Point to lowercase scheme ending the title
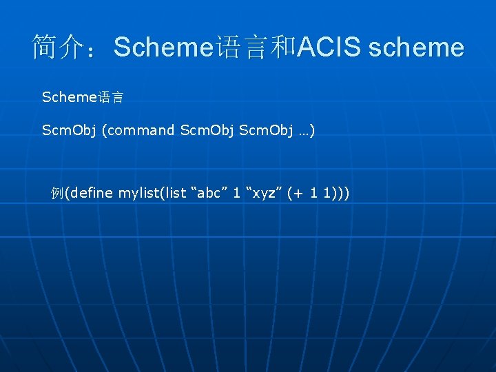417,48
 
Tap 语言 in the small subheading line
110,98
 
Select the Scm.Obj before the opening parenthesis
69,130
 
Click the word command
141,130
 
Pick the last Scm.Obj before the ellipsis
266,130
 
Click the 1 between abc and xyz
236,193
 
